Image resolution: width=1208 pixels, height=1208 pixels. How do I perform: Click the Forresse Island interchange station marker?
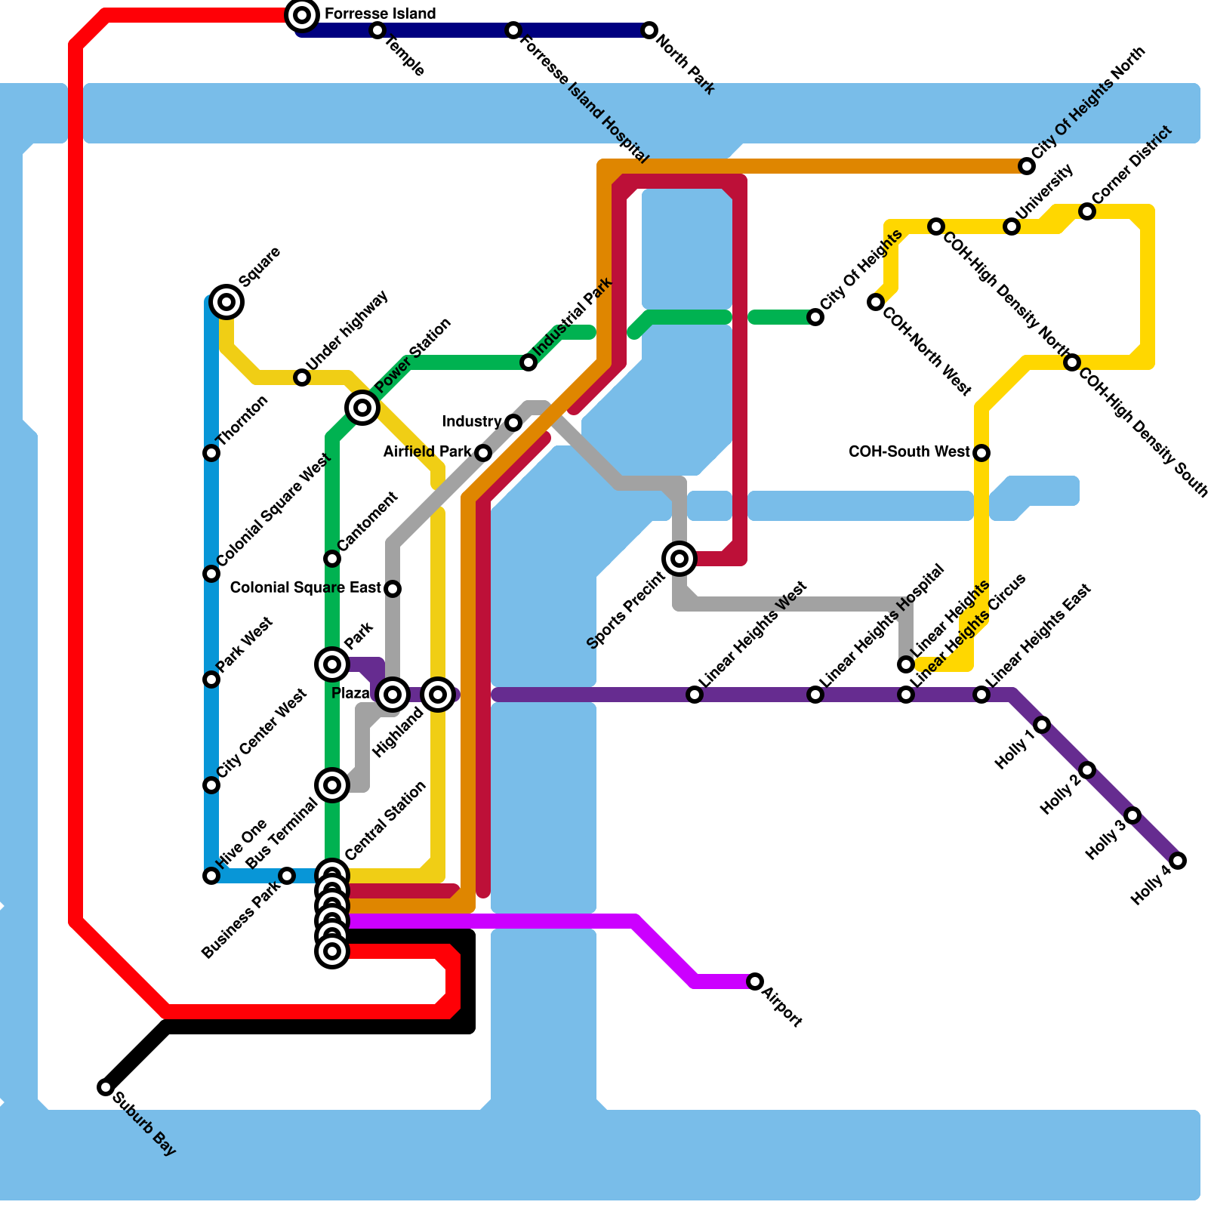tap(302, 14)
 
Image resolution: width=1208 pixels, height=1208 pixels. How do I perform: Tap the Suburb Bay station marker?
tap(106, 1087)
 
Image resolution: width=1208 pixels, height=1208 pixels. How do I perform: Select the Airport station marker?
tap(755, 981)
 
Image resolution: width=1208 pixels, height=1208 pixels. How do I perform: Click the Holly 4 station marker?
tap(1178, 861)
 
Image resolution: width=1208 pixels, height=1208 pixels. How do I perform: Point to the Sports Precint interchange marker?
tap(679, 559)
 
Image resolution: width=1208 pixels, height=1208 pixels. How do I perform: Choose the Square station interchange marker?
tap(226, 302)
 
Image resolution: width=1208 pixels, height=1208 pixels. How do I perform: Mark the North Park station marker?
tap(649, 30)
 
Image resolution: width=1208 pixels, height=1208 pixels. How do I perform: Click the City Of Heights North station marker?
tap(1027, 166)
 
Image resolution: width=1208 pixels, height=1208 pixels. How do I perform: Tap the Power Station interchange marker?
tap(362, 408)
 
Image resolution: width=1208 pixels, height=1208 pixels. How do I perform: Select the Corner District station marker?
tap(1087, 211)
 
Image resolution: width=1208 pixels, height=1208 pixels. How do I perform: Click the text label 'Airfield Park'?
tap(427, 452)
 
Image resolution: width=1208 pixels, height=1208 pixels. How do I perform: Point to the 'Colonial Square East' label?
tap(306, 588)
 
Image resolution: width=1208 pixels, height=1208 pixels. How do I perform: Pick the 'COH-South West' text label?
tap(909, 452)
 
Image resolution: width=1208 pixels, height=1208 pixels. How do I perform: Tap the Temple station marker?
tap(377, 30)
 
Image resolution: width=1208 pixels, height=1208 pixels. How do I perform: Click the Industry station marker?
tap(513, 423)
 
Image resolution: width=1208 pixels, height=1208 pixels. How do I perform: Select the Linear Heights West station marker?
tap(695, 695)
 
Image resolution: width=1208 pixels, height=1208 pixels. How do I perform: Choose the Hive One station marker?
tap(211, 876)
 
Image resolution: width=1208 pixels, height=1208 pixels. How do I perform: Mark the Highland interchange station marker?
tap(438, 694)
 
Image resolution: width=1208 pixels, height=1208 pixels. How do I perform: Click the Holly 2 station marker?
tap(1087, 770)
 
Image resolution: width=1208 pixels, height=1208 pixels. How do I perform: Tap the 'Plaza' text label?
tap(350, 694)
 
